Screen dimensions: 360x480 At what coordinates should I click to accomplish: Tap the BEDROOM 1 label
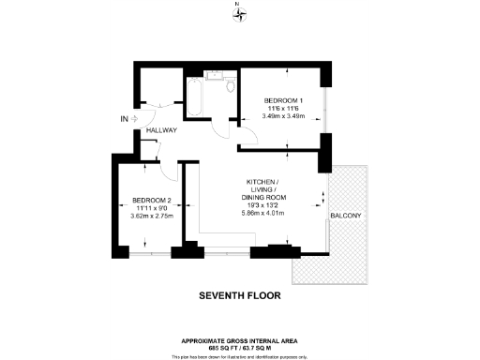click(x=283, y=100)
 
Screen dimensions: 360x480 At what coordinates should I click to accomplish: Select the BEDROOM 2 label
click(x=151, y=201)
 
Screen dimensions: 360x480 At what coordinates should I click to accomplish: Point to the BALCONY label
click(x=346, y=217)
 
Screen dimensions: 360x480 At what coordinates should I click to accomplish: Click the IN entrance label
click(x=124, y=119)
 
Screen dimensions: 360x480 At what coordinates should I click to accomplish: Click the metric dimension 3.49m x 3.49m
click(x=284, y=117)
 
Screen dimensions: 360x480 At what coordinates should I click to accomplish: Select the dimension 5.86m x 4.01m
click(x=264, y=214)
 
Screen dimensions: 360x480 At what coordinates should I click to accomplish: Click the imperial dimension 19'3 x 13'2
click(x=264, y=205)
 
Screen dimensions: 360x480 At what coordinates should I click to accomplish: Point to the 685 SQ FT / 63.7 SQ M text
click(x=240, y=348)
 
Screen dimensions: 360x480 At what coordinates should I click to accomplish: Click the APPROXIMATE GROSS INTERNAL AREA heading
click(x=240, y=340)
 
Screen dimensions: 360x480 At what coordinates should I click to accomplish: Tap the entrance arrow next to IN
click(x=135, y=119)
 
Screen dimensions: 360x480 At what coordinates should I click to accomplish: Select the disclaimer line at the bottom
click(x=240, y=356)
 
